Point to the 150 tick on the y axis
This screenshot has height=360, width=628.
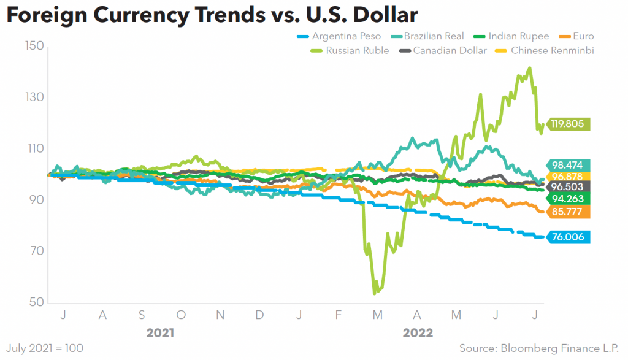(x=34, y=46)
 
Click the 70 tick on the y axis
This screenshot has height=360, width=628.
(x=34, y=251)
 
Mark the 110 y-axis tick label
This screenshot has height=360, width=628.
(x=34, y=148)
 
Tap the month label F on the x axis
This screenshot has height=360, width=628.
(x=338, y=315)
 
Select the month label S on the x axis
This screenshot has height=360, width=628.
(x=142, y=315)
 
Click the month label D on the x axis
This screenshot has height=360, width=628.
(x=259, y=315)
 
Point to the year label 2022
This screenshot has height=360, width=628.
(x=418, y=333)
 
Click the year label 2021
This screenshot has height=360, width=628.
(x=160, y=333)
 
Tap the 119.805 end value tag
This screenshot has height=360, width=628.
(x=570, y=124)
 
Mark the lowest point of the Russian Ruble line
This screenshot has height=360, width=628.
(x=375, y=293)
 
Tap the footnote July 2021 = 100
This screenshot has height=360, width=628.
(x=42, y=348)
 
